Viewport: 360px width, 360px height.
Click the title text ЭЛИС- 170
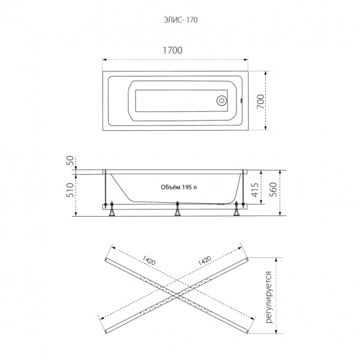click(x=181, y=20)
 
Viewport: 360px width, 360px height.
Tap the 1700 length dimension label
click(x=173, y=50)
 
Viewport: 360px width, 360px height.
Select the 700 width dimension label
click(x=260, y=102)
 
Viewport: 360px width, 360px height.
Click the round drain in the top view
click(x=222, y=101)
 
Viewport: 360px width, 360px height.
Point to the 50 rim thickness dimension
click(x=71, y=160)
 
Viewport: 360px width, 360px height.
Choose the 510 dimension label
click(x=71, y=190)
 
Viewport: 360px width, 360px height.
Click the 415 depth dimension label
click(x=255, y=190)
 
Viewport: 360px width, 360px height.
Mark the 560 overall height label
click(x=273, y=190)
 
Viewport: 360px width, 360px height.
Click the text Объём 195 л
click(x=179, y=187)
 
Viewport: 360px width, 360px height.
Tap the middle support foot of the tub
click(x=177, y=209)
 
